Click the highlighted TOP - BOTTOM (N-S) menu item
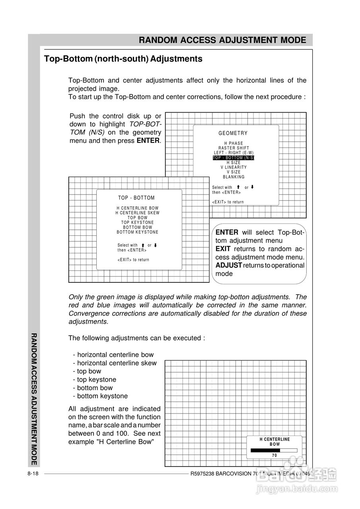(234, 158)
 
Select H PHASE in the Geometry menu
(234, 143)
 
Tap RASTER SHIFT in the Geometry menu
(234, 148)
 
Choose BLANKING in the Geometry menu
(234, 177)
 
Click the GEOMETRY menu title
(233, 133)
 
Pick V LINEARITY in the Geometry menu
(234, 167)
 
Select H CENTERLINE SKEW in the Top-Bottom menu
(137, 213)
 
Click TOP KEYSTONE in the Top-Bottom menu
(137, 222)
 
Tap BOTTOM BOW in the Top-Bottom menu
(137, 227)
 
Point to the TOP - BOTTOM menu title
(136, 198)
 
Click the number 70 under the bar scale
(274, 455)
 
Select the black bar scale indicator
(265, 450)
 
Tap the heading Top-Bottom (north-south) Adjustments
(123, 59)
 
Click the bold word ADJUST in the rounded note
(229, 265)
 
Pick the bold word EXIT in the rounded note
(223, 249)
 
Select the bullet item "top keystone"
(97, 379)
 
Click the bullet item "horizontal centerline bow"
(115, 355)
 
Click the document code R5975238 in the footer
(205, 474)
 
